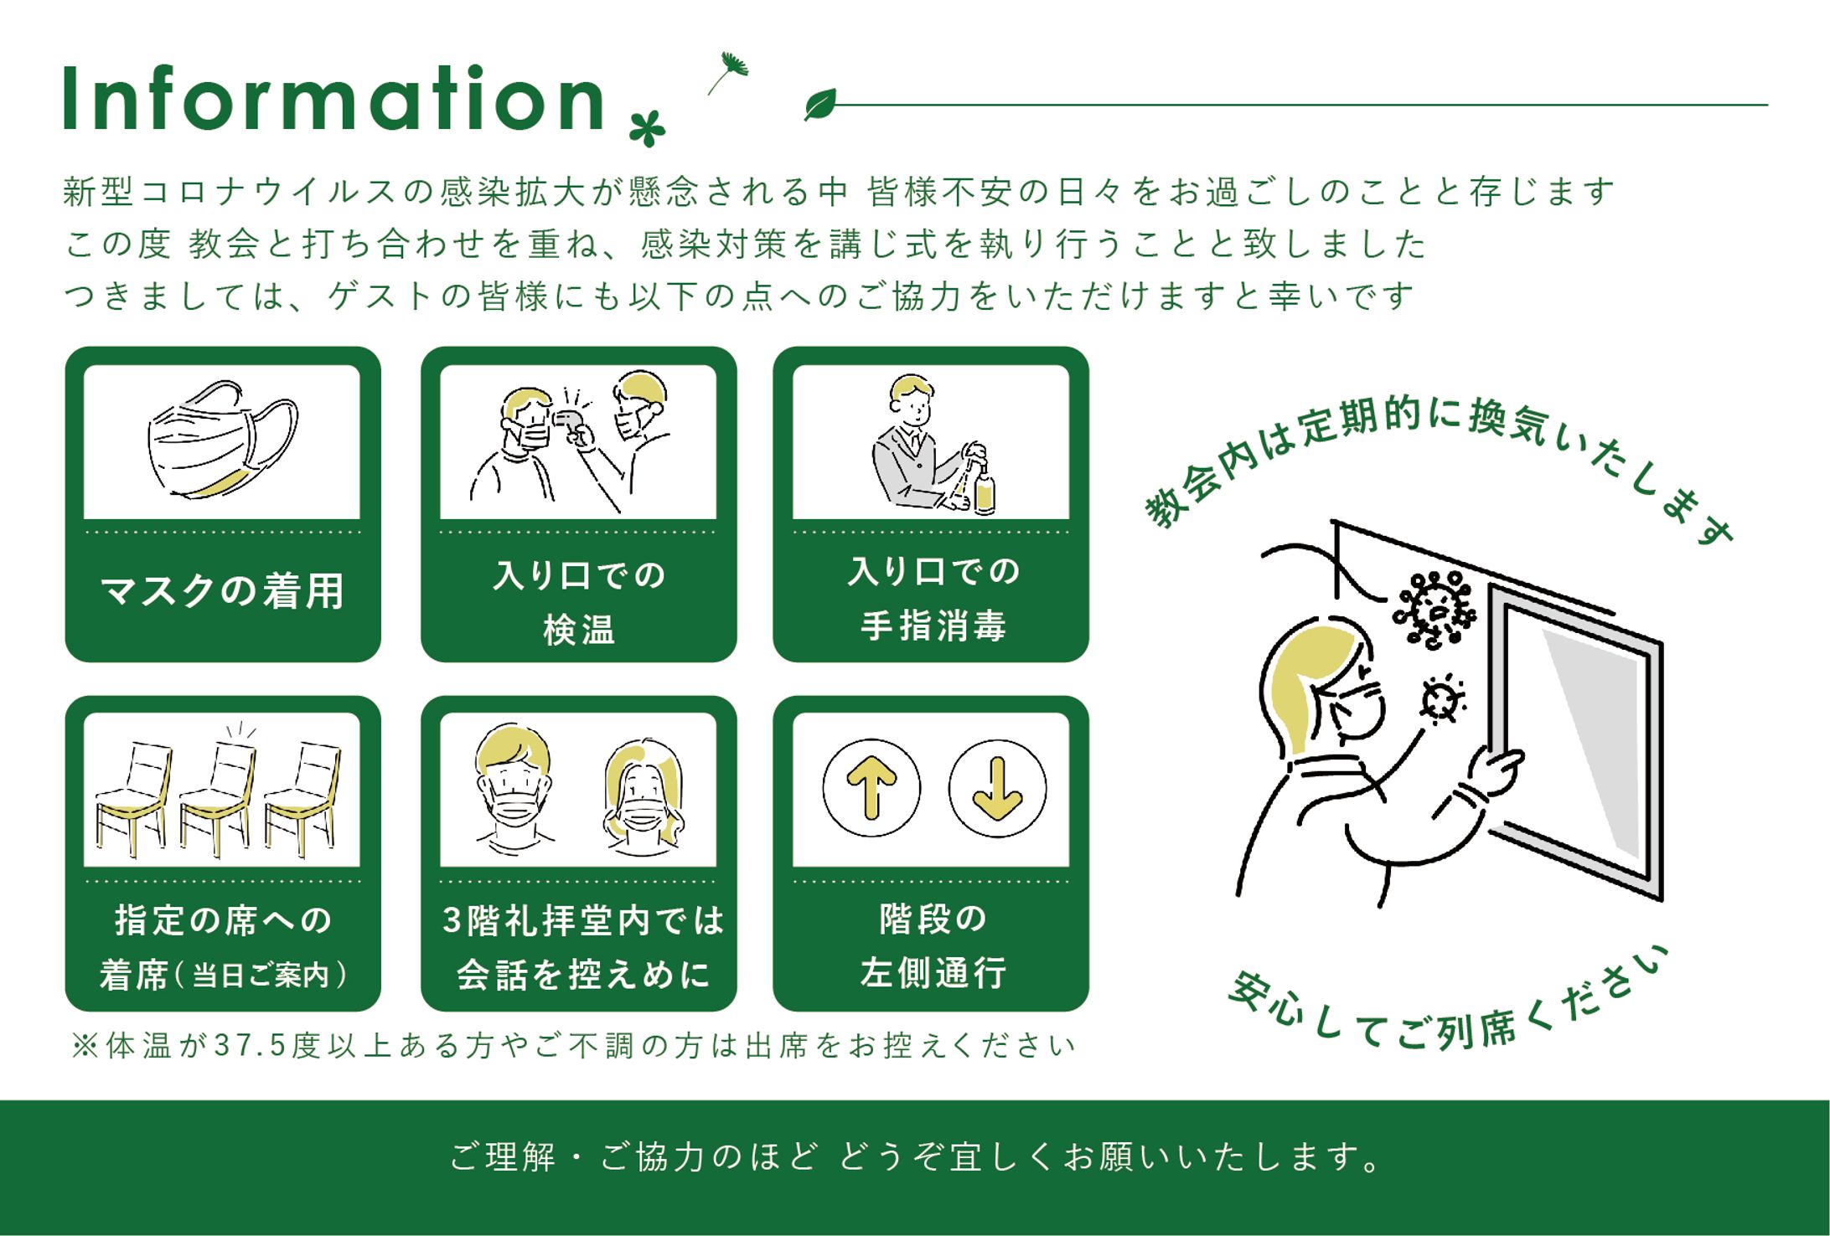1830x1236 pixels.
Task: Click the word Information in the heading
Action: pyautogui.click(x=333, y=99)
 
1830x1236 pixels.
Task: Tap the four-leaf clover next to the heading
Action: pyautogui.click(x=648, y=129)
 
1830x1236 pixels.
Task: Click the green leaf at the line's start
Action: pyautogui.click(x=820, y=104)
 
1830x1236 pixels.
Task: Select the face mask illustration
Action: pyautogui.click(x=223, y=440)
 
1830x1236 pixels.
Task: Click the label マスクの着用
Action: pyautogui.click(x=223, y=591)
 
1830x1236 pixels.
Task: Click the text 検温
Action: pyautogui.click(x=579, y=630)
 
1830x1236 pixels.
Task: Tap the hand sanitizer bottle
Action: pyautogui.click(x=985, y=491)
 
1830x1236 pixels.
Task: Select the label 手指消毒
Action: pyautogui.click(x=933, y=626)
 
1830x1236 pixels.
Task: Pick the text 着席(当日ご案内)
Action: pyautogui.click(x=223, y=975)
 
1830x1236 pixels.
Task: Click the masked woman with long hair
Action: pyautogui.click(x=643, y=796)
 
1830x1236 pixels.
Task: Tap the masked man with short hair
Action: pyautogui.click(x=513, y=789)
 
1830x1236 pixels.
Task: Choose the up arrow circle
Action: pyautogui.click(x=871, y=788)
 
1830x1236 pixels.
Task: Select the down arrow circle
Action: pyautogui.click(x=997, y=788)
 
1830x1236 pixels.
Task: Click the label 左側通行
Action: pyautogui.click(x=933, y=973)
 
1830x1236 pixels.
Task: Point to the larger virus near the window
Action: pyautogui.click(x=1434, y=610)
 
